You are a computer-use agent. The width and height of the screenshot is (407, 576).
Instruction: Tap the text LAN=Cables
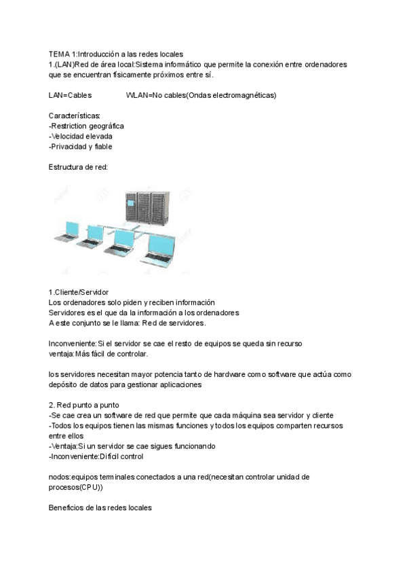(x=71, y=96)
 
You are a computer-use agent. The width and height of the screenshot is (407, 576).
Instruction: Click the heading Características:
(x=75, y=116)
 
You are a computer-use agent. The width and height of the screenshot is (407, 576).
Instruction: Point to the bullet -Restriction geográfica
(x=86, y=126)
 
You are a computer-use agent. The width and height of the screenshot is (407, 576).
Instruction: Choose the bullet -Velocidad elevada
(x=81, y=136)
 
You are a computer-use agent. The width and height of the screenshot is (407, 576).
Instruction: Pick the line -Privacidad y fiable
(x=81, y=146)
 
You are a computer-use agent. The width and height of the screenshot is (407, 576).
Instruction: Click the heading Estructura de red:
(x=78, y=166)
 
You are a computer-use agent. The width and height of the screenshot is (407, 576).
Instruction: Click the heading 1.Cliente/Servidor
(x=79, y=291)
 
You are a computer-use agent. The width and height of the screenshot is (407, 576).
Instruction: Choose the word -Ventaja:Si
(x=68, y=446)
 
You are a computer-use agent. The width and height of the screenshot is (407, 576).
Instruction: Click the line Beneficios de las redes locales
(x=100, y=507)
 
